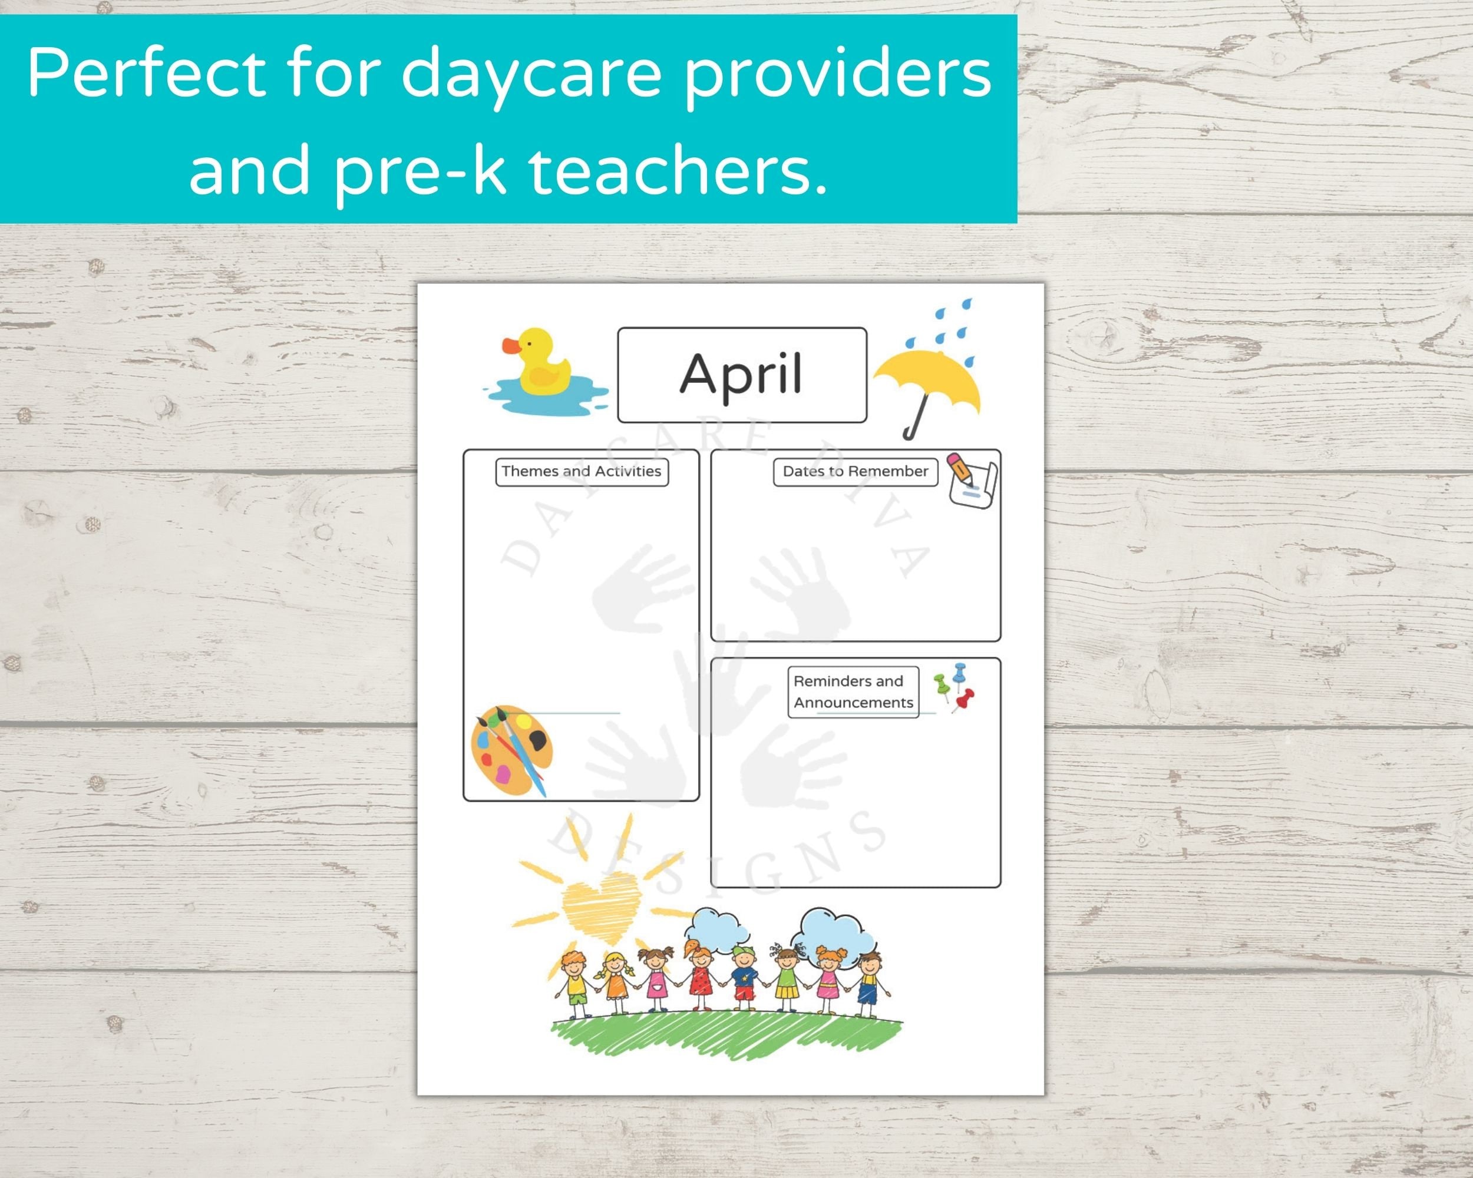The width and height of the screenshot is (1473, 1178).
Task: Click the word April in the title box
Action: point(741,374)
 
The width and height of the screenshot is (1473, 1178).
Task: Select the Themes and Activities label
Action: point(582,471)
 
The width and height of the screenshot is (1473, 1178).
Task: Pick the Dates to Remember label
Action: point(855,471)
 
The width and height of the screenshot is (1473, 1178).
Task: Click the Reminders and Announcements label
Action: point(853,691)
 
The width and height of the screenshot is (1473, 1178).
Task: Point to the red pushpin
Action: point(965,699)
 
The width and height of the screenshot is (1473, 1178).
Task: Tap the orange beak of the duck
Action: point(511,347)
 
